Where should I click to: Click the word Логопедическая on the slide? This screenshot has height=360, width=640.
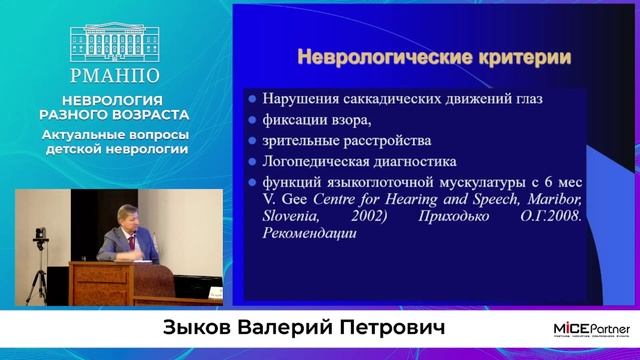tap(321, 161)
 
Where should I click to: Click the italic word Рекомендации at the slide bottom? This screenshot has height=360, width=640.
tap(310, 233)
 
